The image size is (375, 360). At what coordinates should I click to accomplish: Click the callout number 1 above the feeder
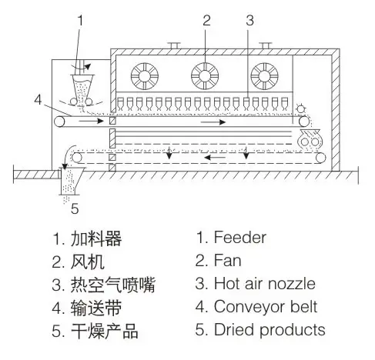pos(81,21)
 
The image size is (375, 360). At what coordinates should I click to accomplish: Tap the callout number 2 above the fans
pos(206,20)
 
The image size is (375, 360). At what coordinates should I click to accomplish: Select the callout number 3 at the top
pos(249,20)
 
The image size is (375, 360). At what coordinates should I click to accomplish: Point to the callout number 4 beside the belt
pos(38,99)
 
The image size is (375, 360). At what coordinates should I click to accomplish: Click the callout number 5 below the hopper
pos(75,208)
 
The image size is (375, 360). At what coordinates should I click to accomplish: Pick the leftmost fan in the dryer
pos(145,76)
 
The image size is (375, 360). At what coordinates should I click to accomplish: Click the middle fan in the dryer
pos(205,76)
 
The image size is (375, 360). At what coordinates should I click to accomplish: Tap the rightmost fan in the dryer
pos(264,76)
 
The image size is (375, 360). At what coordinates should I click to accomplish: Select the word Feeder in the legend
pos(240,237)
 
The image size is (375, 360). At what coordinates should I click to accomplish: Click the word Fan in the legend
pos(228,260)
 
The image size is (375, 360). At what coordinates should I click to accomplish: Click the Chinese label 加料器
pos(96,238)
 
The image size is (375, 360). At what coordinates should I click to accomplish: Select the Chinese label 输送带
pos(96,308)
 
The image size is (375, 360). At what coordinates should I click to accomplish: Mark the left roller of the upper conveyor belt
pos(59,122)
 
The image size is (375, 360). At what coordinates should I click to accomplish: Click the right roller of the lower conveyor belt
pos(320,158)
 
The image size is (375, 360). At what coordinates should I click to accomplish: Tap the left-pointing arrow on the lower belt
pos(215,157)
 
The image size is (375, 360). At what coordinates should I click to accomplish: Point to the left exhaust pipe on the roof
pos(173,45)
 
